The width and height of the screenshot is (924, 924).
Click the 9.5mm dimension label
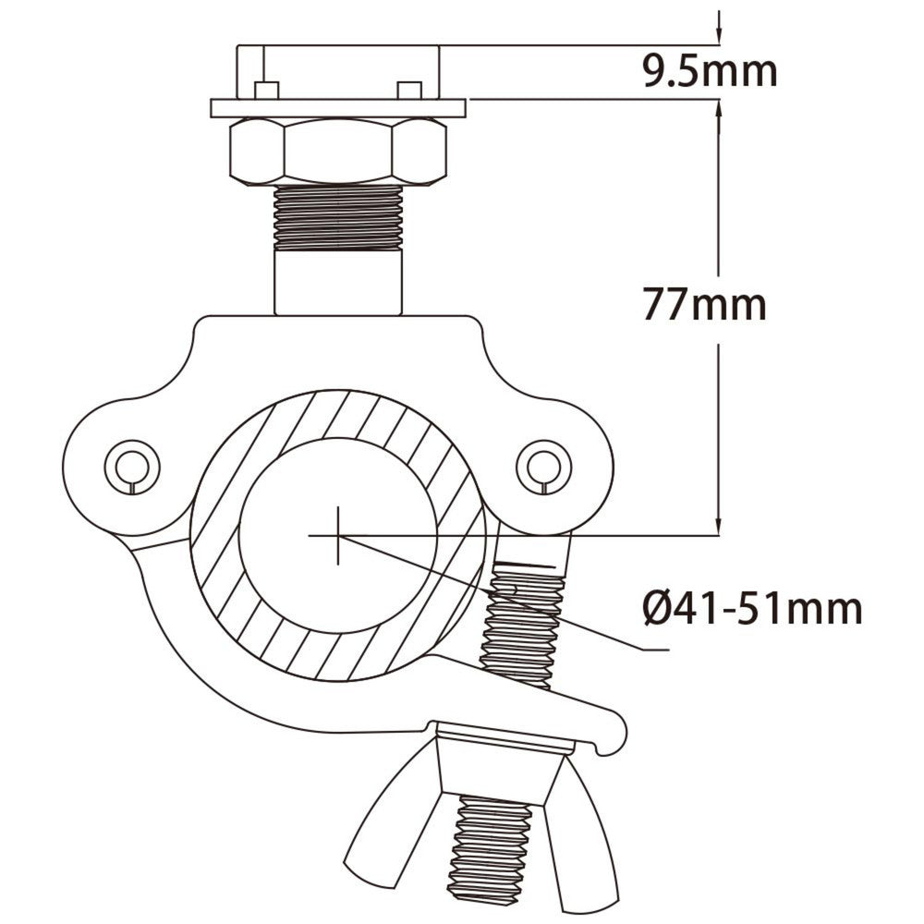click(710, 71)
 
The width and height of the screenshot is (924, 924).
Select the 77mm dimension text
click(704, 304)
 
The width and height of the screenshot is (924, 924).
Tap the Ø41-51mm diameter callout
click(752, 609)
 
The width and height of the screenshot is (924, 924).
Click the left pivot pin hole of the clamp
click(132, 465)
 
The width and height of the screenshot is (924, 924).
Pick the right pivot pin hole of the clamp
click(540, 465)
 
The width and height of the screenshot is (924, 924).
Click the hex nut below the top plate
click(337, 152)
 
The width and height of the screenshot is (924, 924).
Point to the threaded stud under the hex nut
click(337, 216)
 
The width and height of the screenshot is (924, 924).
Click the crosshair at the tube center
click(338, 535)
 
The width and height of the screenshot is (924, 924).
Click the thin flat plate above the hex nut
click(338, 108)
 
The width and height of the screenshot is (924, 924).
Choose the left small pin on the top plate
click(266, 89)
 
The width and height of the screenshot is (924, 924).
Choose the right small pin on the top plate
click(408, 89)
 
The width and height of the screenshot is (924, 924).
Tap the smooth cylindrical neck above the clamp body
click(338, 285)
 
